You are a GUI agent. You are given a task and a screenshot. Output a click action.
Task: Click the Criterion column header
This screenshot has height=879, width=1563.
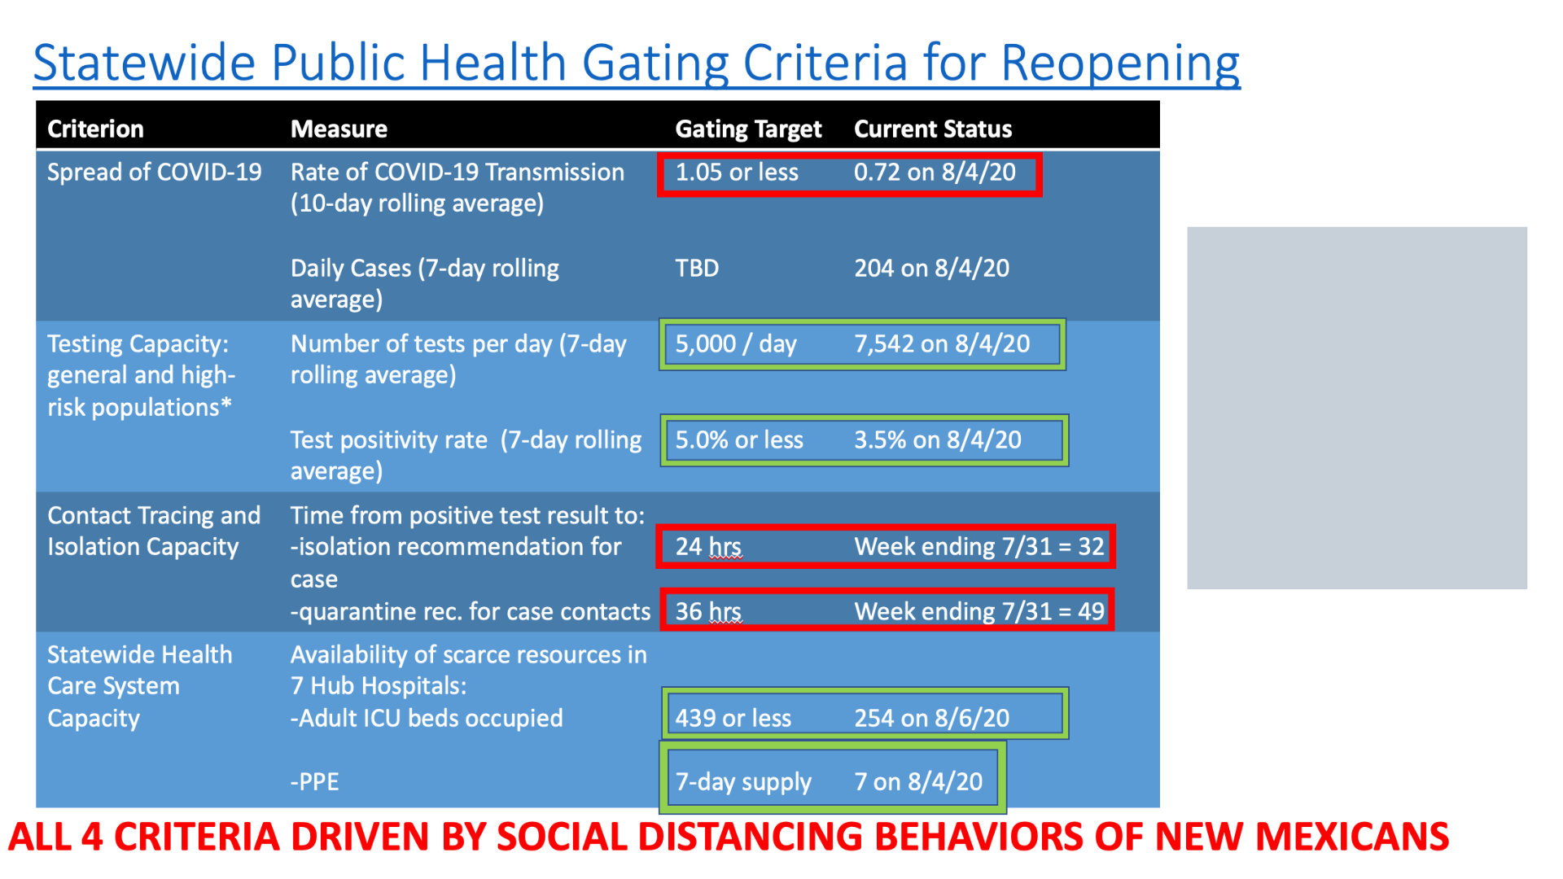coord(95,129)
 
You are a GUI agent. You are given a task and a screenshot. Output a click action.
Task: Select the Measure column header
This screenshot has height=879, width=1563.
coord(339,129)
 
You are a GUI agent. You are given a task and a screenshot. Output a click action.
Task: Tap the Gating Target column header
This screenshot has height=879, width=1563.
coord(748,129)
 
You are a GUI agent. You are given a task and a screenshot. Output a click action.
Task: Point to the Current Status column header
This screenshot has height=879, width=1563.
coord(933,129)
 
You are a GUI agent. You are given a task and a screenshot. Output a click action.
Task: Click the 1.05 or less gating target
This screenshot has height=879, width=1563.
coord(737,172)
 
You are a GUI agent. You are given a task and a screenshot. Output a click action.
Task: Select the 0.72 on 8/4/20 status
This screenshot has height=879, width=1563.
coord(935,172)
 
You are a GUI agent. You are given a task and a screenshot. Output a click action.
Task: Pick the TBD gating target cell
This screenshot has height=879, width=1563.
coord(697,268)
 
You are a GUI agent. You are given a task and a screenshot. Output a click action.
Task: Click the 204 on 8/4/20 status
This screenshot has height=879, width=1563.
coord(931,268)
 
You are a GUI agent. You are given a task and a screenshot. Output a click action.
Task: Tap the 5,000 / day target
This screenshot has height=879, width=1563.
coord(736,343)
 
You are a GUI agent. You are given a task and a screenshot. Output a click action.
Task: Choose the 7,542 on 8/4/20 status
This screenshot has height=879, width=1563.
coord(942,343)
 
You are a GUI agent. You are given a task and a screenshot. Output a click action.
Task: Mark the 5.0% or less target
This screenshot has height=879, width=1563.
coord(739,439)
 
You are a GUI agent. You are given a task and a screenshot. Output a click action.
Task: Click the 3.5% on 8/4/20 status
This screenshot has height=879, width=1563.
coord(937,439)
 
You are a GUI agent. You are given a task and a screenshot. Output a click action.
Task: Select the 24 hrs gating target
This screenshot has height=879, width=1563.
coord(708,546)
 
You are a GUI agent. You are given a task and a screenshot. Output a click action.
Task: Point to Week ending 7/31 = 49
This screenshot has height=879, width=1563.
coord(979,611)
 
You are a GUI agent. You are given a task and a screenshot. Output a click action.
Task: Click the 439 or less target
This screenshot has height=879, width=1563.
coord(733,718)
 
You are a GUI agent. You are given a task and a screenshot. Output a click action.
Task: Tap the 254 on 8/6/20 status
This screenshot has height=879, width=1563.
coord(931,718)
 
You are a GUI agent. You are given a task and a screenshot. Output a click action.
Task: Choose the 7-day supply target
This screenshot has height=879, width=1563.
coord(743,781)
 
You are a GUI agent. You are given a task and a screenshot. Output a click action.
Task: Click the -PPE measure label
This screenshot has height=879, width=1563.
coord(314,781)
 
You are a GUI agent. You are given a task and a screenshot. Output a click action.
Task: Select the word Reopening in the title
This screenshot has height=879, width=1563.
coord(1120,63)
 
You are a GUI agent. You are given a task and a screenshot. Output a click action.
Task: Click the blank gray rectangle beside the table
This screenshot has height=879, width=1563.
coord(1357,408)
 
